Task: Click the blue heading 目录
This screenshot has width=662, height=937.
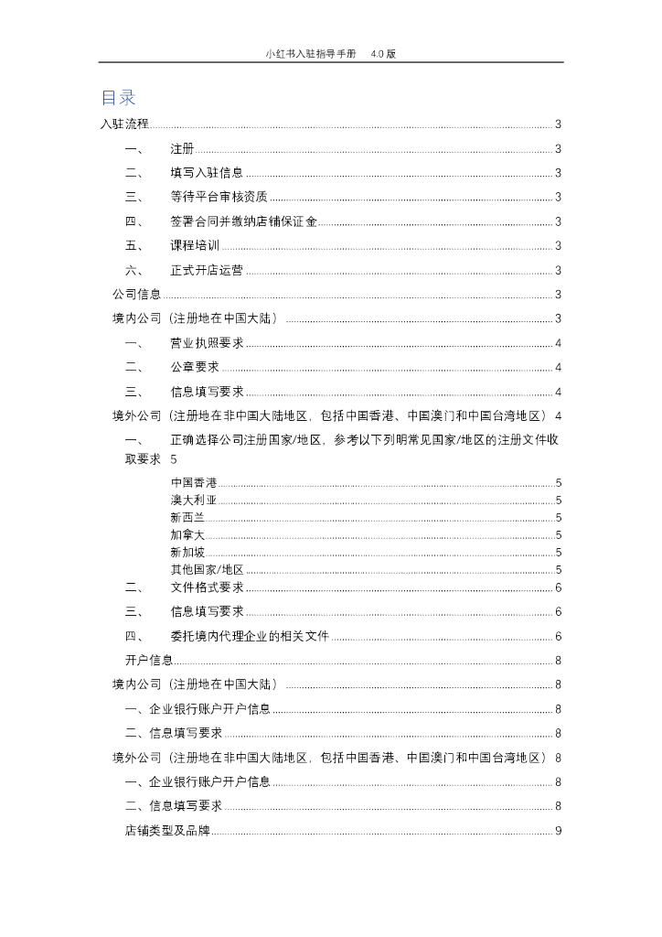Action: click(x=119, y=98)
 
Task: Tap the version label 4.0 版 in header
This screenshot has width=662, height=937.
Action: click(x=383, y=54)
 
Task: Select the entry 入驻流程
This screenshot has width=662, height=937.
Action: click(x=123, y=124)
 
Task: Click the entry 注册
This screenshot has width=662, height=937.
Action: click(x=182, y=149)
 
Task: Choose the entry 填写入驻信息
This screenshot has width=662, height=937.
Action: click(x=207, y=173)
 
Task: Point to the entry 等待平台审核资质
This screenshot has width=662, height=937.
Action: click(x=219, y=197)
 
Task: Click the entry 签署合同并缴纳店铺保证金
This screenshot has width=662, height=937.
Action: click(x=243, y=221)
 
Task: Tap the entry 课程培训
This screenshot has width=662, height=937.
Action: click(x=195, y=245)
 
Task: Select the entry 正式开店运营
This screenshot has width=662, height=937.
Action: click(x=207, y=270)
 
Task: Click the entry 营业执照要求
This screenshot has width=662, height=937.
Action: click(x=207, y=343)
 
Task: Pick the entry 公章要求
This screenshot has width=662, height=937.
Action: click(x=195, y=367)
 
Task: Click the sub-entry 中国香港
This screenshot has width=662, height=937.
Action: click(x=194, y=482)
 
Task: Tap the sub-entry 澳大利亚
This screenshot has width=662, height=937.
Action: click(x=194, y=500)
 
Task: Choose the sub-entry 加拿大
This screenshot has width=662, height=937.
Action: click(x=187, y=534)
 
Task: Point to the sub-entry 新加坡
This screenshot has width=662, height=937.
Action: click(x=187, y=552)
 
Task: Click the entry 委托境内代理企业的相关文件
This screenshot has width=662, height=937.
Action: click(x=250, y=636)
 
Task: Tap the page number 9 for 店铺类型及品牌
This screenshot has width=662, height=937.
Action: click(x=558, y=831)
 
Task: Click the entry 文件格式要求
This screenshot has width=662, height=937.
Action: click(x=207, y=587)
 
